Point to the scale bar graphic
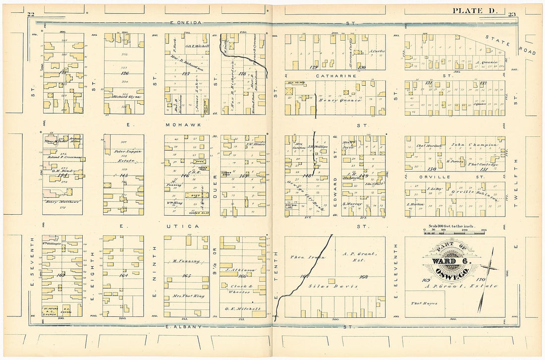(454, 231)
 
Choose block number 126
(124, 73)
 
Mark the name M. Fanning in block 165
(186, 261)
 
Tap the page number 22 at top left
(31, 14)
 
